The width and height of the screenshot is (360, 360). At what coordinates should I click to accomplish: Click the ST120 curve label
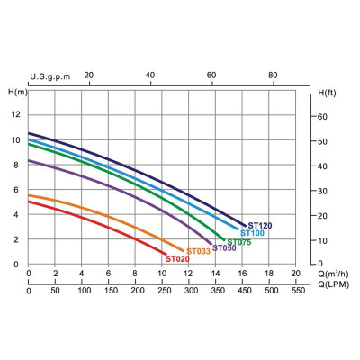click(260, 226)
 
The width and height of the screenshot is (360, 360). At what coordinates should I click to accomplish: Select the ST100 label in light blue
click(252, 233)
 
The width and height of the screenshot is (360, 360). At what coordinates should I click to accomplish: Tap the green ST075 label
click(239, 242)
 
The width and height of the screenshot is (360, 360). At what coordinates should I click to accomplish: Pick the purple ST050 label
click(224, 248)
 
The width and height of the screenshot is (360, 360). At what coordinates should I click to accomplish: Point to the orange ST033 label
click(199, 251)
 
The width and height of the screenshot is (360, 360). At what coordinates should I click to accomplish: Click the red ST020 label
click(177, 259)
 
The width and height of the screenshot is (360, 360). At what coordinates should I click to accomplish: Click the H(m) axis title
click(18, 93)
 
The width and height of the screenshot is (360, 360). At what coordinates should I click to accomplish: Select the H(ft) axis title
click(327, 93)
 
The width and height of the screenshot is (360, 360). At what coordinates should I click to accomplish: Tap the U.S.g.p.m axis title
click(50, 76)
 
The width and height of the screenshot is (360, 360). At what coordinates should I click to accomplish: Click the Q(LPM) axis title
click(334, 284)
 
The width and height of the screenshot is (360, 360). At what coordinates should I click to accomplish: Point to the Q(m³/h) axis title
click(333, 274)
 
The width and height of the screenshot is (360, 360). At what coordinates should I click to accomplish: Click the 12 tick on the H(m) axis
click(16, 114)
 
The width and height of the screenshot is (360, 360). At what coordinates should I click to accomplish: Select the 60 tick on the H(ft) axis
click(322, 117)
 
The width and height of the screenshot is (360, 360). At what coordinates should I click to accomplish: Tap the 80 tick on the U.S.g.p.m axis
click(273, 75)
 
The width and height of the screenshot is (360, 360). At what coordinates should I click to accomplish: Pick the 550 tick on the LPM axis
click(298, 291)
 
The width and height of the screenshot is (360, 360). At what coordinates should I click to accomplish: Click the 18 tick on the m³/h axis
click(269, 274)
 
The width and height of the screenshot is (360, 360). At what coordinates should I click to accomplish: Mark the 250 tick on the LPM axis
click(165, 291)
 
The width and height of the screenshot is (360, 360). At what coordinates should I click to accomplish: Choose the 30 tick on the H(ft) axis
click(322, 191)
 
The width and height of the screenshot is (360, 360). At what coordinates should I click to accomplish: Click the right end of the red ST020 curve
click(166, 255)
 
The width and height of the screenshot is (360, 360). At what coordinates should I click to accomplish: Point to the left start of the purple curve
click(29, 161)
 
